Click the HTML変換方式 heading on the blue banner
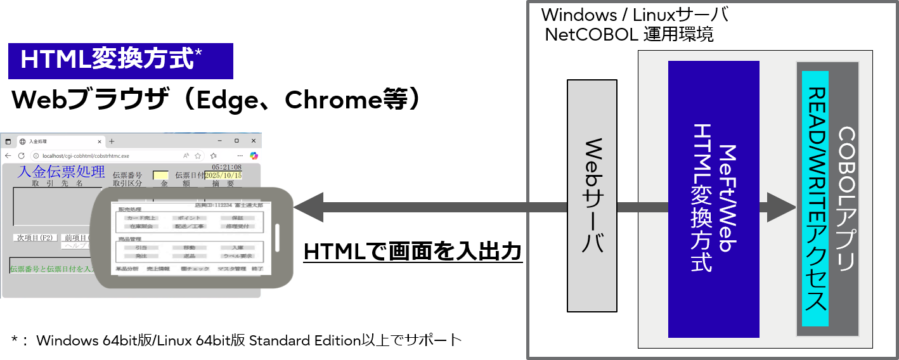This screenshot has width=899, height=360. coord(107,60)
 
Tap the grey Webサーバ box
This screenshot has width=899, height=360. coord(592,195)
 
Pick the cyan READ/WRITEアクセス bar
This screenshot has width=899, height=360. coord(815,198)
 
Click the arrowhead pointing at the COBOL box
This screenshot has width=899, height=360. coord(782,207)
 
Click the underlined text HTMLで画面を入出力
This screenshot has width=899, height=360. coord(413,252)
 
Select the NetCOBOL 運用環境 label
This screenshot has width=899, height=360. coord(629,35)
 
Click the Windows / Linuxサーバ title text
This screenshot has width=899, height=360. coord(634,15)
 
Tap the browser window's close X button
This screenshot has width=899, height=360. coord(253,141)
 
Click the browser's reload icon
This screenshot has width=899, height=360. coord(22,156)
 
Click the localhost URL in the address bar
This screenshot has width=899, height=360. coord(86,156)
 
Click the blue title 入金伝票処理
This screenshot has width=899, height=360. coord(61,172)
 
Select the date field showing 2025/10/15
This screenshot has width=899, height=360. coord(223,176)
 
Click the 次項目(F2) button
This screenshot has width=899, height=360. coord(36,238)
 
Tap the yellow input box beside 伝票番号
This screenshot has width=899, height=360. coord(160,176)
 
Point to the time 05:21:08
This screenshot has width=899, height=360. coord(226,167)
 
